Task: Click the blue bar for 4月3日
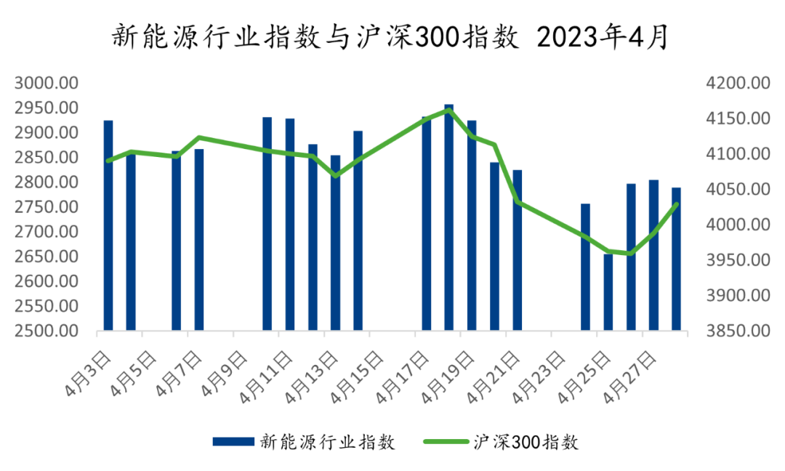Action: click(x=108, y=225)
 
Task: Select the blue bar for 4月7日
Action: click(x=199, y=239)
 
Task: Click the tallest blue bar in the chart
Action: click(x=449, y=217)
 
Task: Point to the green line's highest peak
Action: click(x=449, y=110)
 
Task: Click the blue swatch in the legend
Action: click(x=233, y=441)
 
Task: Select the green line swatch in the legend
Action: click(x=446, y=441)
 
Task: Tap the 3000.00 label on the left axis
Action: click(x=47, y=83)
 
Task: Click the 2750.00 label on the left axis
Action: click(x=47, y=207)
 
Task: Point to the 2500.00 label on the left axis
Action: click(x=47, y=331)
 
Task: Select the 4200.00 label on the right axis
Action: click(x=737, y=83)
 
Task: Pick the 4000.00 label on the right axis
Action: click(x=737, y=225)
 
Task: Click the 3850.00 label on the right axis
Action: click(x=737, y=331)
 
